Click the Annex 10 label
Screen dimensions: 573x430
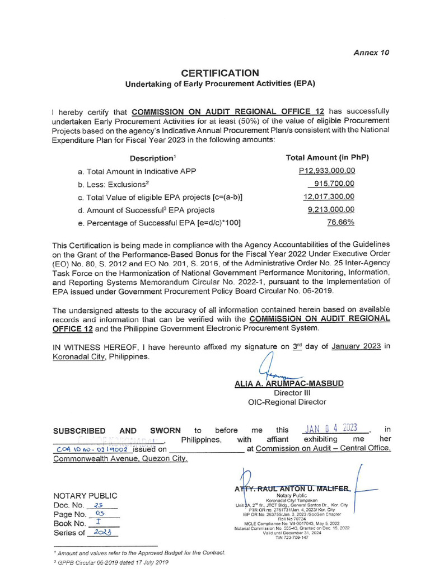click(x=371, y=52)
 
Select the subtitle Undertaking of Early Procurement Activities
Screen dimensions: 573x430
click(x=219, y=84)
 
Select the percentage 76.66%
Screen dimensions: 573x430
click(x=340, y=222)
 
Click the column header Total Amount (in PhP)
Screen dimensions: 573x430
click(x=327, y=158)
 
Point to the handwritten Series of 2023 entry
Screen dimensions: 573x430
click(x=104, y=533)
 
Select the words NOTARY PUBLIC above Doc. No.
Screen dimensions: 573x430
click(x=85, y=495)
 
